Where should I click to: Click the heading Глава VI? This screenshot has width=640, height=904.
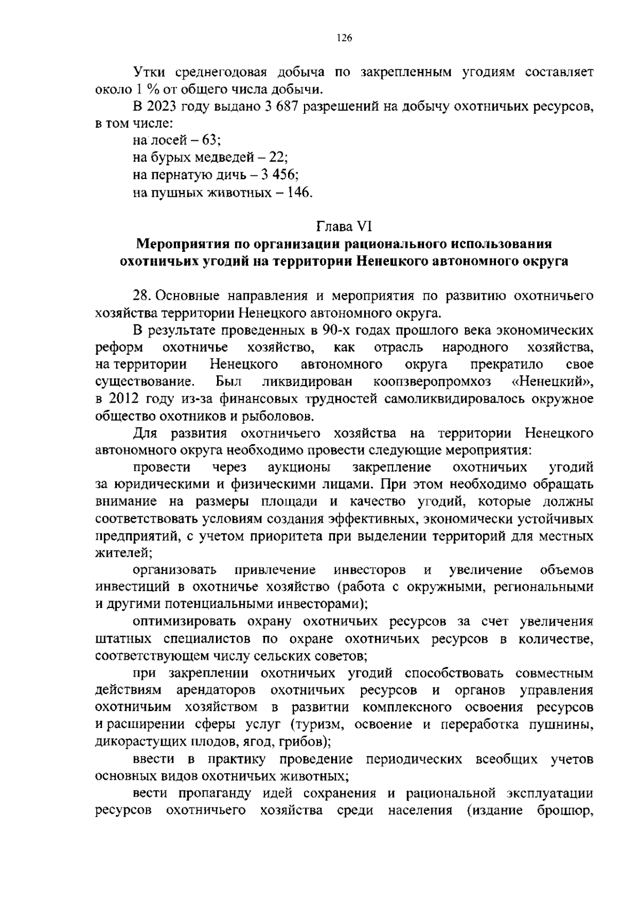click(x=344, y=227)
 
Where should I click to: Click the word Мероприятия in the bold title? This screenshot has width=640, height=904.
click(x=181, y=244)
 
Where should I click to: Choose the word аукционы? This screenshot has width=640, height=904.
click(x=298, y=468)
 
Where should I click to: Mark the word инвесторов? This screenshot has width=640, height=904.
click(x=369, y=570)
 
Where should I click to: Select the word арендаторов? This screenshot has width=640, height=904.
click(x=215, y=690)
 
